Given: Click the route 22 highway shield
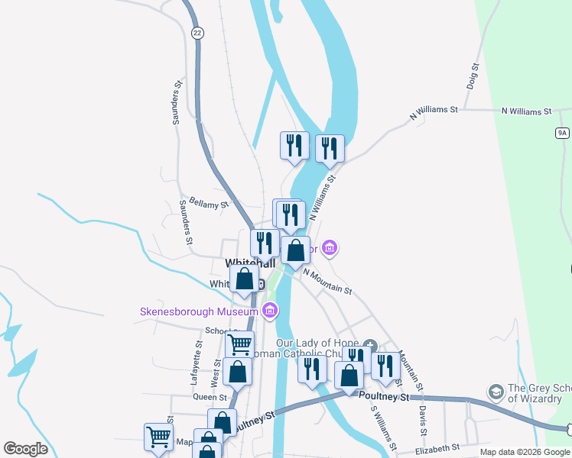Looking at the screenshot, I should pyautogui.click(x=197, y=33).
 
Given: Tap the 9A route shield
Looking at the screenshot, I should pyautogui.click(x=563, y=133).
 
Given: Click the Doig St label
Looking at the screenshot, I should pyautogui.click(x=473, y=78).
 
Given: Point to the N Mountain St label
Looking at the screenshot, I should pyautogui.click(x=327, y=280).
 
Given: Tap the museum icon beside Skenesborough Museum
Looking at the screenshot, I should pyautogui.click(x=269, y=311).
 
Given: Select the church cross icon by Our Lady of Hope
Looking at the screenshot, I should pyautogui.click(x=371, y=345).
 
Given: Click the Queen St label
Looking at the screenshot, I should pyautogui.click(x=211, y=397).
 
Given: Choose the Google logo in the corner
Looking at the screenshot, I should pyautogui.click(x=25, y=448).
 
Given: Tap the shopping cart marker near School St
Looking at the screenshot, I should pyautogui.click(x=240, y=344).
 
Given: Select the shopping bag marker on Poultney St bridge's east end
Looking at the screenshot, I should pyautogui.click(x=349, y=376).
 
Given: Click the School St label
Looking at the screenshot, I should pyautogui.click(x=219, y=331).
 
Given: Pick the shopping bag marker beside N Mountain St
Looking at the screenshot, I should pyautogui.click(x=295, y=250).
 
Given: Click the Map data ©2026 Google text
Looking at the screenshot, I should pyautogui.click(x=525, y=452).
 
